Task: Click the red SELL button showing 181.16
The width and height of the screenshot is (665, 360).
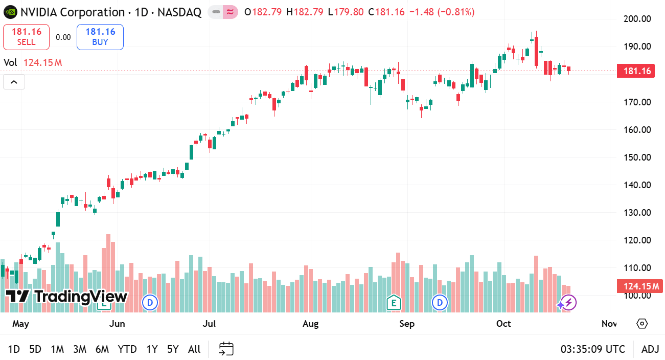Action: pos(26,37)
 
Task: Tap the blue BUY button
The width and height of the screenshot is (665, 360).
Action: pos(100,37)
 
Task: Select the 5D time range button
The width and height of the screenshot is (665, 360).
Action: pos(35,349)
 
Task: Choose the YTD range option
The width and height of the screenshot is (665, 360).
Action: pos(127,349)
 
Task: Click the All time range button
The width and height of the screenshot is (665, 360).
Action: pos(194,349)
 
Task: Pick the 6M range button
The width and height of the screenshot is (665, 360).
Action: pos(102,349)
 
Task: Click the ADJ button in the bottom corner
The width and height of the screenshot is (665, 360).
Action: pos(650,349)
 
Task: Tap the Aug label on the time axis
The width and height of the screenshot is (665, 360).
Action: pos(310,324)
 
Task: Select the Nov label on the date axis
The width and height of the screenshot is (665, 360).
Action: pos(609,324)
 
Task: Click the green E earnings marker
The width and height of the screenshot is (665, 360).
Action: pos(393,303)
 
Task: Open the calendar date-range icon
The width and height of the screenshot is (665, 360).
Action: pos(226,349)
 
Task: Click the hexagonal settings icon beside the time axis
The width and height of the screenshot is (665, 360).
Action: pos(643,324)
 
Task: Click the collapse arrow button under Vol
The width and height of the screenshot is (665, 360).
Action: pos(14,82)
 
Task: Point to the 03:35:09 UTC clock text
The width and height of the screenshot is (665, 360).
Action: pos(592,349)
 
